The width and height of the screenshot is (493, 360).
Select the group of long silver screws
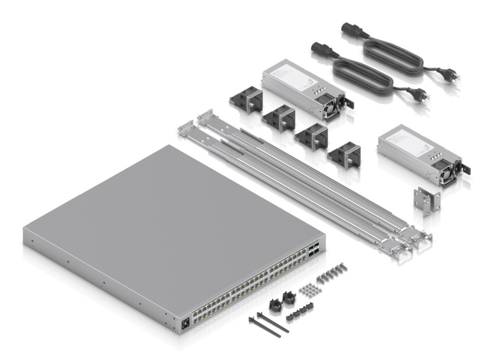point(339,271)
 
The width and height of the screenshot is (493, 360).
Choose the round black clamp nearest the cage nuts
point(288,299)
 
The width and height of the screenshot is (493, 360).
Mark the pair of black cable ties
point(268,324)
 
